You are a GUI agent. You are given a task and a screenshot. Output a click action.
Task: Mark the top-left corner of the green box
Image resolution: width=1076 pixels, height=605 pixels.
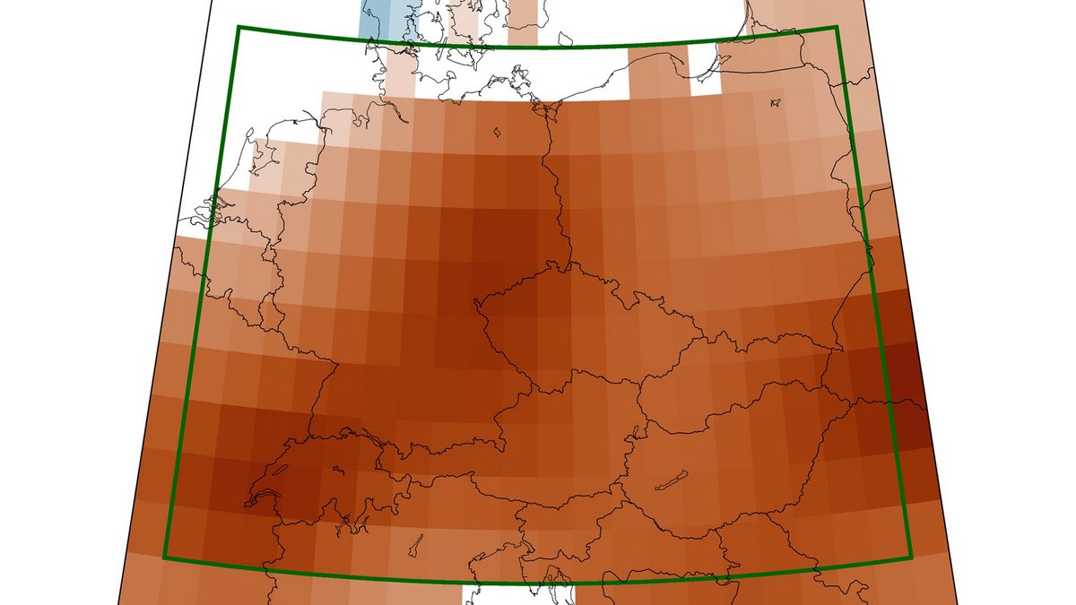point(238,27)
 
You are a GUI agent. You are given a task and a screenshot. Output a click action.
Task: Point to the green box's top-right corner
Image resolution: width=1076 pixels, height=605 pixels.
point(837,27)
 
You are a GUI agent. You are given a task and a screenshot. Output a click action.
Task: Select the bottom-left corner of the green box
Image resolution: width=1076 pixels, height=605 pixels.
point(164,557)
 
